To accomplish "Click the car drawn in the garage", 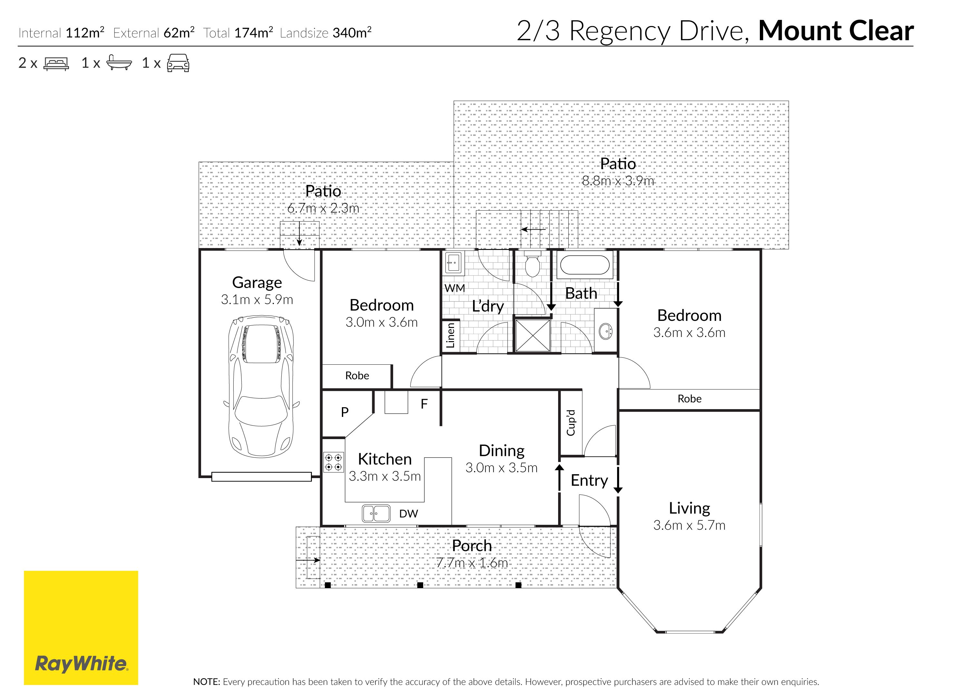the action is point(261,387).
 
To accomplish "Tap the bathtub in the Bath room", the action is point(584,265).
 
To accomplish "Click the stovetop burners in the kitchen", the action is point(333,462).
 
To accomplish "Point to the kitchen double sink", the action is point(376,514).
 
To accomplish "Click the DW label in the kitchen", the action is point(408,514).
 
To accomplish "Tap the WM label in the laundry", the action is point(454,288).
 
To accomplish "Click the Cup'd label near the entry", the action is point(571,423).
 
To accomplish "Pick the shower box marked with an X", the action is point(533,336).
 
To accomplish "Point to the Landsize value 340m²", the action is point(352,33).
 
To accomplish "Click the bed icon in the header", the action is point(56,64).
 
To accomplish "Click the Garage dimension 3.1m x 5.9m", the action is point(257,300).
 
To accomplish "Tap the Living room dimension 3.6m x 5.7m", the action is point(689,525).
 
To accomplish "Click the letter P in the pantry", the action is point(345,412).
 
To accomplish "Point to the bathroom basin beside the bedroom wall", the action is point(605,331).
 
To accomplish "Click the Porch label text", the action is point(472,545).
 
